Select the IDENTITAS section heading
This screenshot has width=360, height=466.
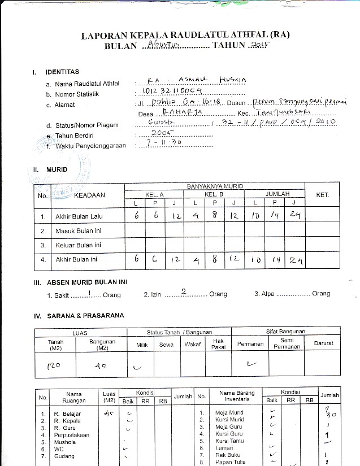(x=62, y=72)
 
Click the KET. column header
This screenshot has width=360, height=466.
(x=323, y=195)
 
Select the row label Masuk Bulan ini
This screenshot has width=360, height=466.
(x=77, y=231)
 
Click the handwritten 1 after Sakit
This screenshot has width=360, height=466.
(x=90, y=292)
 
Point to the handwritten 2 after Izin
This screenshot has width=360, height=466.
(x=183, y=292)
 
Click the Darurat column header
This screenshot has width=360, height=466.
(x=323, y=343)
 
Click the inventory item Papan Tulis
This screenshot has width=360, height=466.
(x=230, y=462)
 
